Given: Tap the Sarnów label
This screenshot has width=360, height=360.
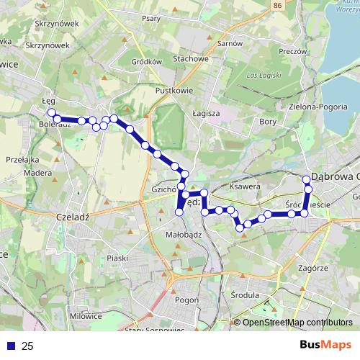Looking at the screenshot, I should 230,43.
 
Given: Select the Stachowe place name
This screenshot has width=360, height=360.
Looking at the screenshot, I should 192,59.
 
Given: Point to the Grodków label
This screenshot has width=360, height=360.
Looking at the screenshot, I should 147,61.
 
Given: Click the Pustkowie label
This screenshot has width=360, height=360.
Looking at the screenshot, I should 171,91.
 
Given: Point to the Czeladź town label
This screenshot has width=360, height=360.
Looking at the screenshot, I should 71,215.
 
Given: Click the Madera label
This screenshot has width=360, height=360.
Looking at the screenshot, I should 37,173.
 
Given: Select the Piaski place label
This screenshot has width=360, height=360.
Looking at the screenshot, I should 117,257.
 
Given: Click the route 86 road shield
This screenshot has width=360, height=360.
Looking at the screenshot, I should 278,6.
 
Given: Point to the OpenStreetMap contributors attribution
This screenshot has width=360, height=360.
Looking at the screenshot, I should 297,322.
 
